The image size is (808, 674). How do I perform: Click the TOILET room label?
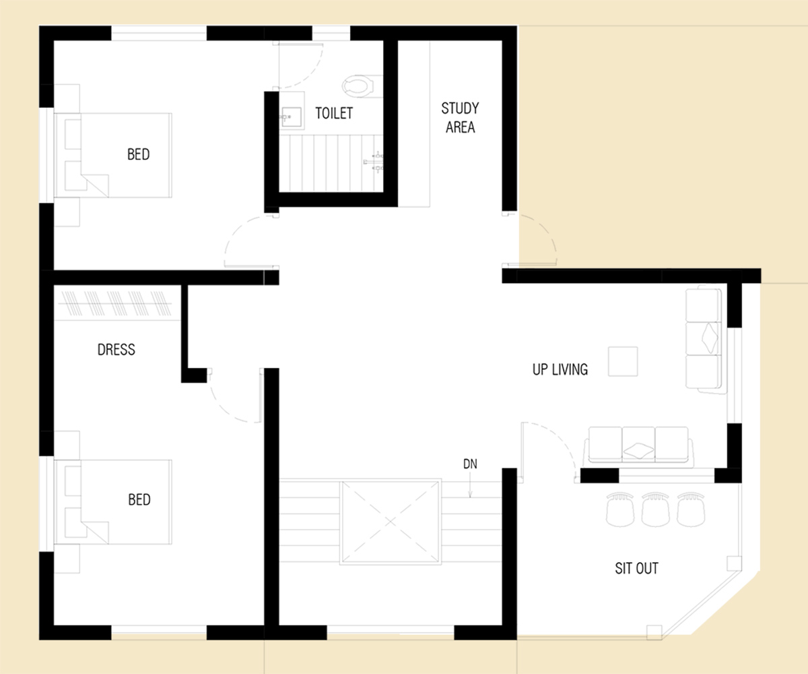[x=334, y=113]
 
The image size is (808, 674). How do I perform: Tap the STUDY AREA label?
[x=460, y=117]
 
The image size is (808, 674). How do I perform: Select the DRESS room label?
[x=116, y=349]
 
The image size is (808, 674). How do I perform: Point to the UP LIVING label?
[x=560, y=369]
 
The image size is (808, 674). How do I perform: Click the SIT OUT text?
[x=636, y=568]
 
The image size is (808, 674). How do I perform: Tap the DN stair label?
[x=470, y=464]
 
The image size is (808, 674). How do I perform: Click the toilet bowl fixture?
[x=358, y=86]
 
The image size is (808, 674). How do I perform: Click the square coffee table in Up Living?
[x=623, y=361]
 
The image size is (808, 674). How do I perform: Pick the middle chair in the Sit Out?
[x=655, y=510]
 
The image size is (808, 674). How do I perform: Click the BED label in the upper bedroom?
[x=138, y=154]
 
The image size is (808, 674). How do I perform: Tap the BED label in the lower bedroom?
[x=139, y=499]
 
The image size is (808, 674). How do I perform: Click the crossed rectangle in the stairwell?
[x=391, y=522]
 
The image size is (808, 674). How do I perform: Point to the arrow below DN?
[x=470, y=484]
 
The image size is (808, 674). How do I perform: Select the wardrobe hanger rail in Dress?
[x=115, y=303]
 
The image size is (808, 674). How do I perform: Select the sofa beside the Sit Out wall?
[x=638, y=446]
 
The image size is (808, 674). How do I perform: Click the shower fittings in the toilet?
[x=374, y=162]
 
